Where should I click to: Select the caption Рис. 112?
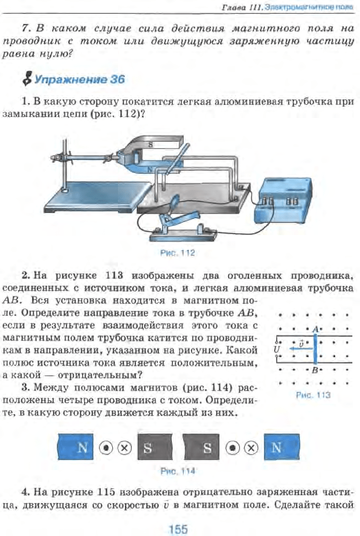178,253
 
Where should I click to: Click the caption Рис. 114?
178,471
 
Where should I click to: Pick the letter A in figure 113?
315,329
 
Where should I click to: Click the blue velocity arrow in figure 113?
299,349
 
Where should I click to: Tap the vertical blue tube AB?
315,349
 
